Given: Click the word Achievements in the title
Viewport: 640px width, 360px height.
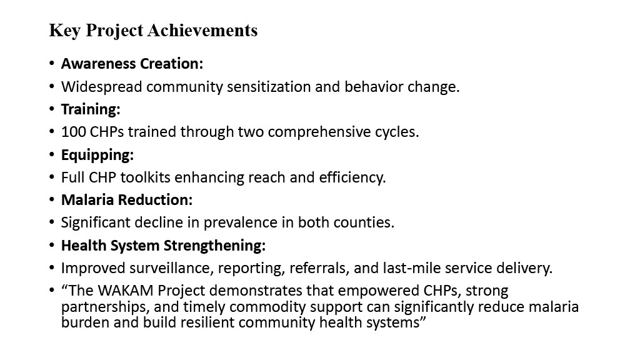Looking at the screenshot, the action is pos(202,30).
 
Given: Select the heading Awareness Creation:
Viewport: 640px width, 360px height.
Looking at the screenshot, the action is pos(132,64).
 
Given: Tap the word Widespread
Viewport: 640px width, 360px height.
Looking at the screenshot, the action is pos(102,87).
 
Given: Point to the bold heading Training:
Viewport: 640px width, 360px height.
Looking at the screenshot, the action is pos(91,109).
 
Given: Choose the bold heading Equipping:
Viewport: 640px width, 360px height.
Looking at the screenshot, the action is pos(97,155).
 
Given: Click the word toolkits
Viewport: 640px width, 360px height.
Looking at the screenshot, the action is pos(145,177).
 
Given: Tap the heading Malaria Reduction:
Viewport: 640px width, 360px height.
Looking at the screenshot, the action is pos(127,200).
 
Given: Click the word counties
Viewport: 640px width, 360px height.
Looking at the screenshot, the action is pos(364,222).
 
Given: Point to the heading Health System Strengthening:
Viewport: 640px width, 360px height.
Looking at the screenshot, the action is pos(163,246).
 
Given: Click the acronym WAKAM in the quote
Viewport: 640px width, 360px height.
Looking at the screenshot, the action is pos(126,291).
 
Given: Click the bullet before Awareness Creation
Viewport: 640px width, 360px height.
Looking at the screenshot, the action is pos(51,64).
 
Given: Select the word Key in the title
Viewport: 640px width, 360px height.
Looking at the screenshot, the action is pos(64,31).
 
